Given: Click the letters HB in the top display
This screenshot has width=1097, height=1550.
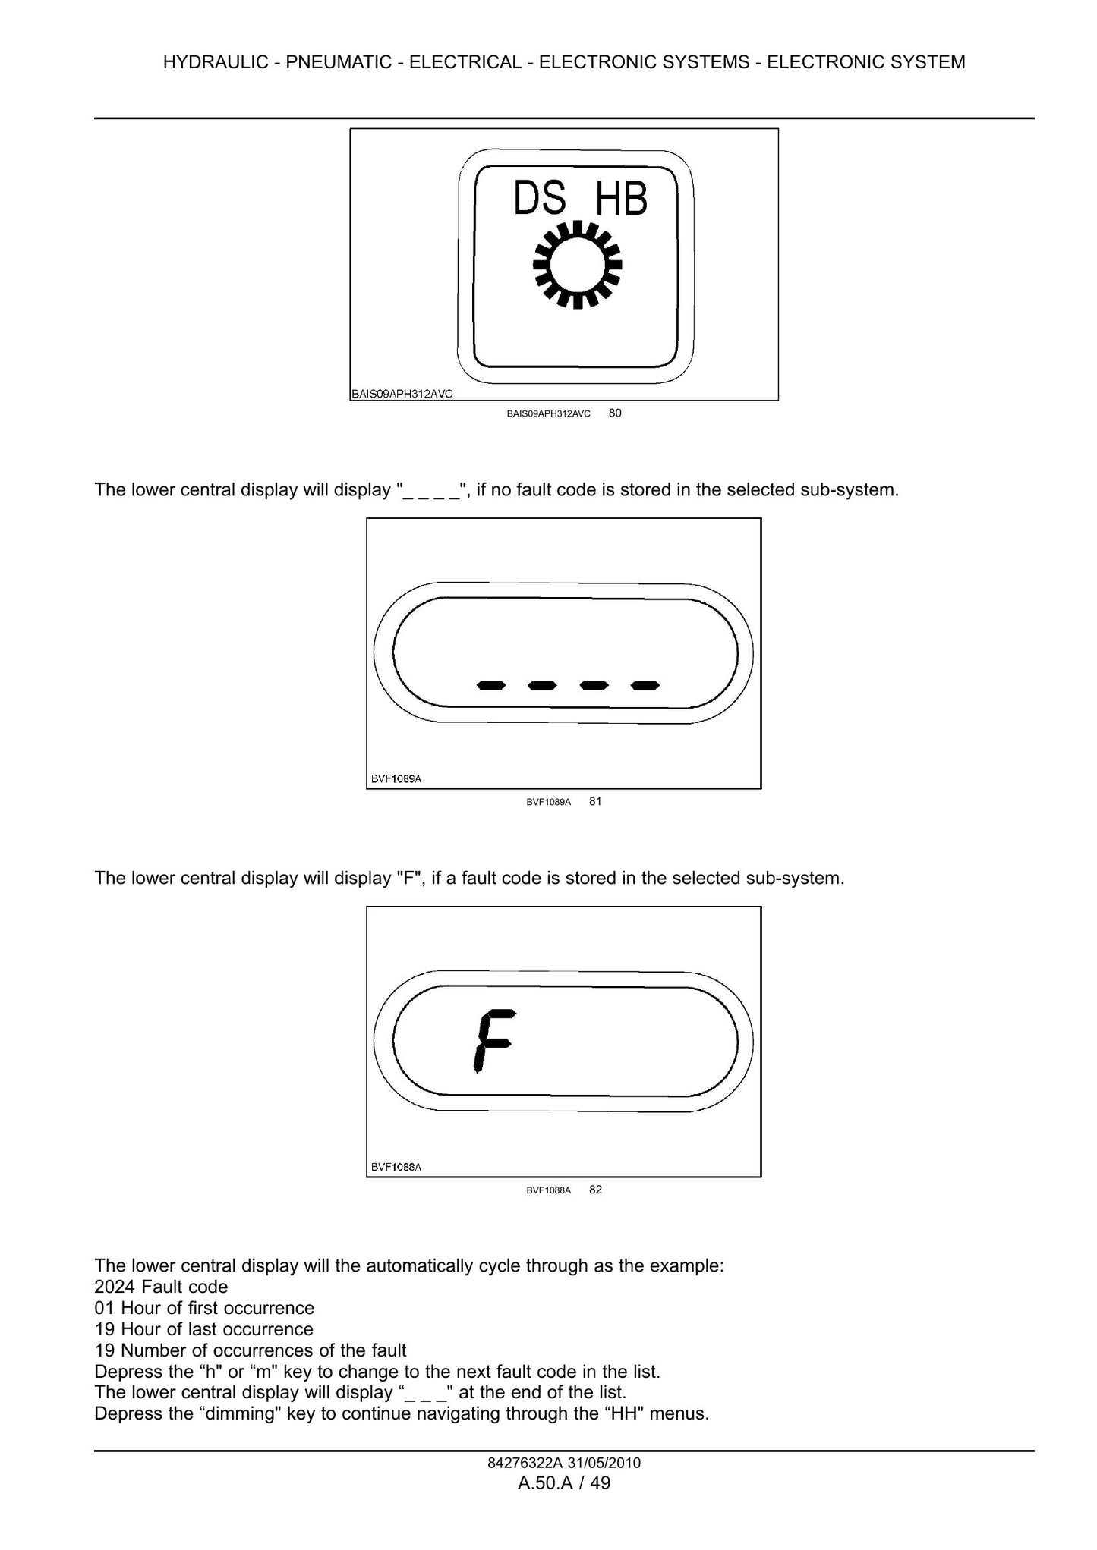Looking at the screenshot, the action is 621,198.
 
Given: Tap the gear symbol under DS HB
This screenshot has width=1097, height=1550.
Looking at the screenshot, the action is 577,265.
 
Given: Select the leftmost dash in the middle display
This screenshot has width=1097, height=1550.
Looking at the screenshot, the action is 491,686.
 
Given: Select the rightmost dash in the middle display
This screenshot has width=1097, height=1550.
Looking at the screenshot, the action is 645,686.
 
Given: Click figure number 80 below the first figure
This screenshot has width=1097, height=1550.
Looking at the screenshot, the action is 615,413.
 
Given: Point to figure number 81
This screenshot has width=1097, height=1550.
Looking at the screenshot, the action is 595,801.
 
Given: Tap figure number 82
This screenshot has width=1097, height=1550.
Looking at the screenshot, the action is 595,1190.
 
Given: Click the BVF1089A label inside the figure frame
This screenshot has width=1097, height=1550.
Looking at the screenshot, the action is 396,778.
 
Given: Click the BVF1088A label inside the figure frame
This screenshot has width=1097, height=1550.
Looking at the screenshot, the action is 396,1167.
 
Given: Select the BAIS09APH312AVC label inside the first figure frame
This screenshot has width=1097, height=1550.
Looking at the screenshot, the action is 402,394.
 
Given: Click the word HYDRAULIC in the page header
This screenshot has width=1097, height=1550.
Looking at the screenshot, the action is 216,62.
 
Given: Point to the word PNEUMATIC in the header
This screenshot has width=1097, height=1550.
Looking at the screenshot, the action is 339,62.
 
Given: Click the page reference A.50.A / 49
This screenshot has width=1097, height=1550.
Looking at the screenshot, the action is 564,1483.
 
